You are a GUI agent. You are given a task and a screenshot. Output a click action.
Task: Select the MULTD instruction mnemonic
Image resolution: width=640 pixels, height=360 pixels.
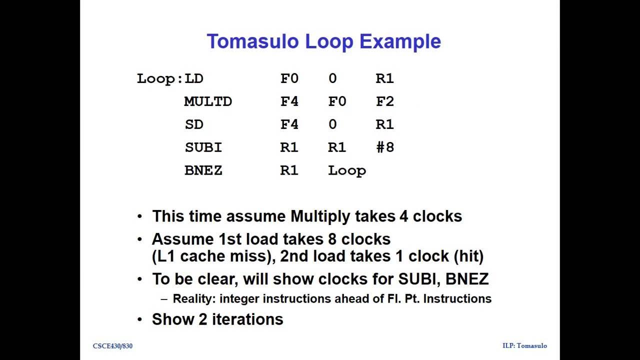pos(208,101)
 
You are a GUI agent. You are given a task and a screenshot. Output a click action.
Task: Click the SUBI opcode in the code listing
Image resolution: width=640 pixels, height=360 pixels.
pos(203,147)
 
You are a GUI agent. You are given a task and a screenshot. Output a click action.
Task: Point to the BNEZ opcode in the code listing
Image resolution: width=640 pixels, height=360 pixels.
pos(203,170)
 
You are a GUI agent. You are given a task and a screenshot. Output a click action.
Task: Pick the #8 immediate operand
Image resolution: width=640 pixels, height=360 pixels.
pos(385,147)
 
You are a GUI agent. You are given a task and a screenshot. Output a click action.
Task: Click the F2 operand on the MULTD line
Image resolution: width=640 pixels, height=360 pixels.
pos(385,101)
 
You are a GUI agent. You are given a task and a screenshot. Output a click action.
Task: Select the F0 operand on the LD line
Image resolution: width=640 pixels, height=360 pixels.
pos(289,78)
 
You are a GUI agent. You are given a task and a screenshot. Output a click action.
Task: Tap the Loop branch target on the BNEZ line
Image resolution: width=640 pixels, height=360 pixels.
pos(347,170)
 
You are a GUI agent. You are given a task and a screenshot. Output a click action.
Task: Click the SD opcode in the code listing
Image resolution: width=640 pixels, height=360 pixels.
pos(194,124)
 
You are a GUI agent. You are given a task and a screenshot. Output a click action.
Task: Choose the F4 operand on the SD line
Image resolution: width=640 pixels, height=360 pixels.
pos(289,124)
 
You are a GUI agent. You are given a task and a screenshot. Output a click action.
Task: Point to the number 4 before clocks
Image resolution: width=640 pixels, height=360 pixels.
pos(404,216)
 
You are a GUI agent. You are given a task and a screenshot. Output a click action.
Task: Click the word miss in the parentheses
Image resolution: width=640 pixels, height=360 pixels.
pos(256,256)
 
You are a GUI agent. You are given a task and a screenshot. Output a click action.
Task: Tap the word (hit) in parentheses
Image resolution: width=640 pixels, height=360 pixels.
pos(468,256)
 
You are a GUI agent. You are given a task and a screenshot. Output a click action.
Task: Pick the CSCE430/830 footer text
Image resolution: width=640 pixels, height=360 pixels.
pos(112,346)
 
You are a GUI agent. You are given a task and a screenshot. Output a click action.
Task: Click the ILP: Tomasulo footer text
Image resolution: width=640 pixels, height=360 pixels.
pos(524,346)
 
